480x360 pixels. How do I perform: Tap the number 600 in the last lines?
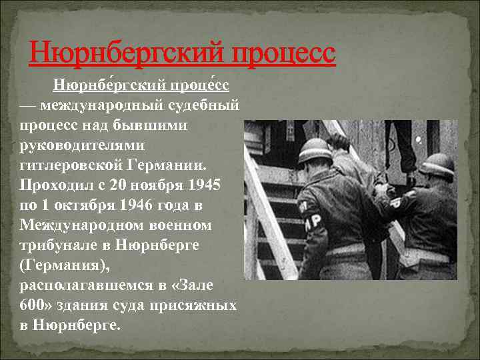tap(31, 305)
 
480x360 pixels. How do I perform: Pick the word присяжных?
tap(197, 305)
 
